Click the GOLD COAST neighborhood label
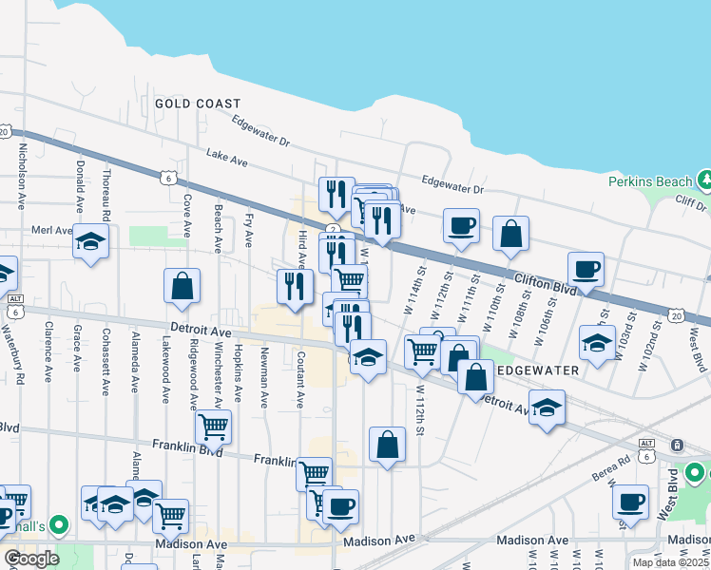[198, 103]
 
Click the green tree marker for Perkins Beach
[704, 179]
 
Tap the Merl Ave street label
[51, 230]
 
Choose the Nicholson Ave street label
[20, 177]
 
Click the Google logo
[31, 559]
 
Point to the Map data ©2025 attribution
[670, 562]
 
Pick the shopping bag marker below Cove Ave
[182, 285]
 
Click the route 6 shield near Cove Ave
[167, 177]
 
